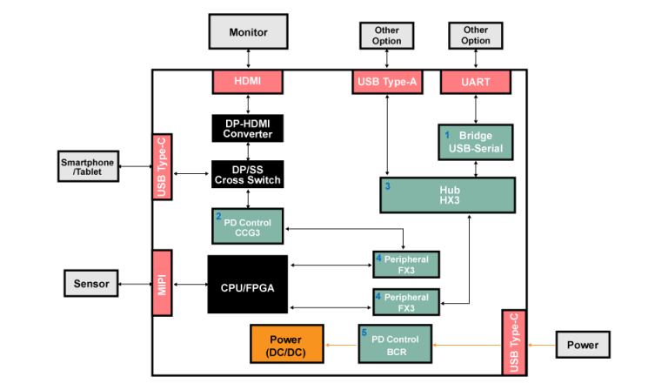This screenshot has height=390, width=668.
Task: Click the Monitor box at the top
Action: coord(248,32)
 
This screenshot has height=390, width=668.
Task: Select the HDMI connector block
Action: coord(248,82)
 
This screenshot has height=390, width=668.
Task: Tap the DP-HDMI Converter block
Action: coord(248,128)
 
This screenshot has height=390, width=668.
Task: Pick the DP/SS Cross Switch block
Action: coord(248,174)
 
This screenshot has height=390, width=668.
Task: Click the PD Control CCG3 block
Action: coord(248,226)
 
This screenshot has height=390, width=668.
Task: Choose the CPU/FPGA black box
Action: coord(248,285)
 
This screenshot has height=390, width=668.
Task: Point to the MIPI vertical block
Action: coord(163,284)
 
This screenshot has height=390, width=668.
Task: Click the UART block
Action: coord(476,82)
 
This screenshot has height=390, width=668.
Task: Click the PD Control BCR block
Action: coord(396,343)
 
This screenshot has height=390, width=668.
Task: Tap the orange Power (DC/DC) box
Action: coord(287,343)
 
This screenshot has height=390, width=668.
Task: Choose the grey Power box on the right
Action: coord(583,345)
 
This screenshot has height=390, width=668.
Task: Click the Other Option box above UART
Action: coord(476,36)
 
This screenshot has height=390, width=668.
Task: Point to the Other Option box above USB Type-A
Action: coord(386,36)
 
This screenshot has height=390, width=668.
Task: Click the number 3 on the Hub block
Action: coord(387,186)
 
